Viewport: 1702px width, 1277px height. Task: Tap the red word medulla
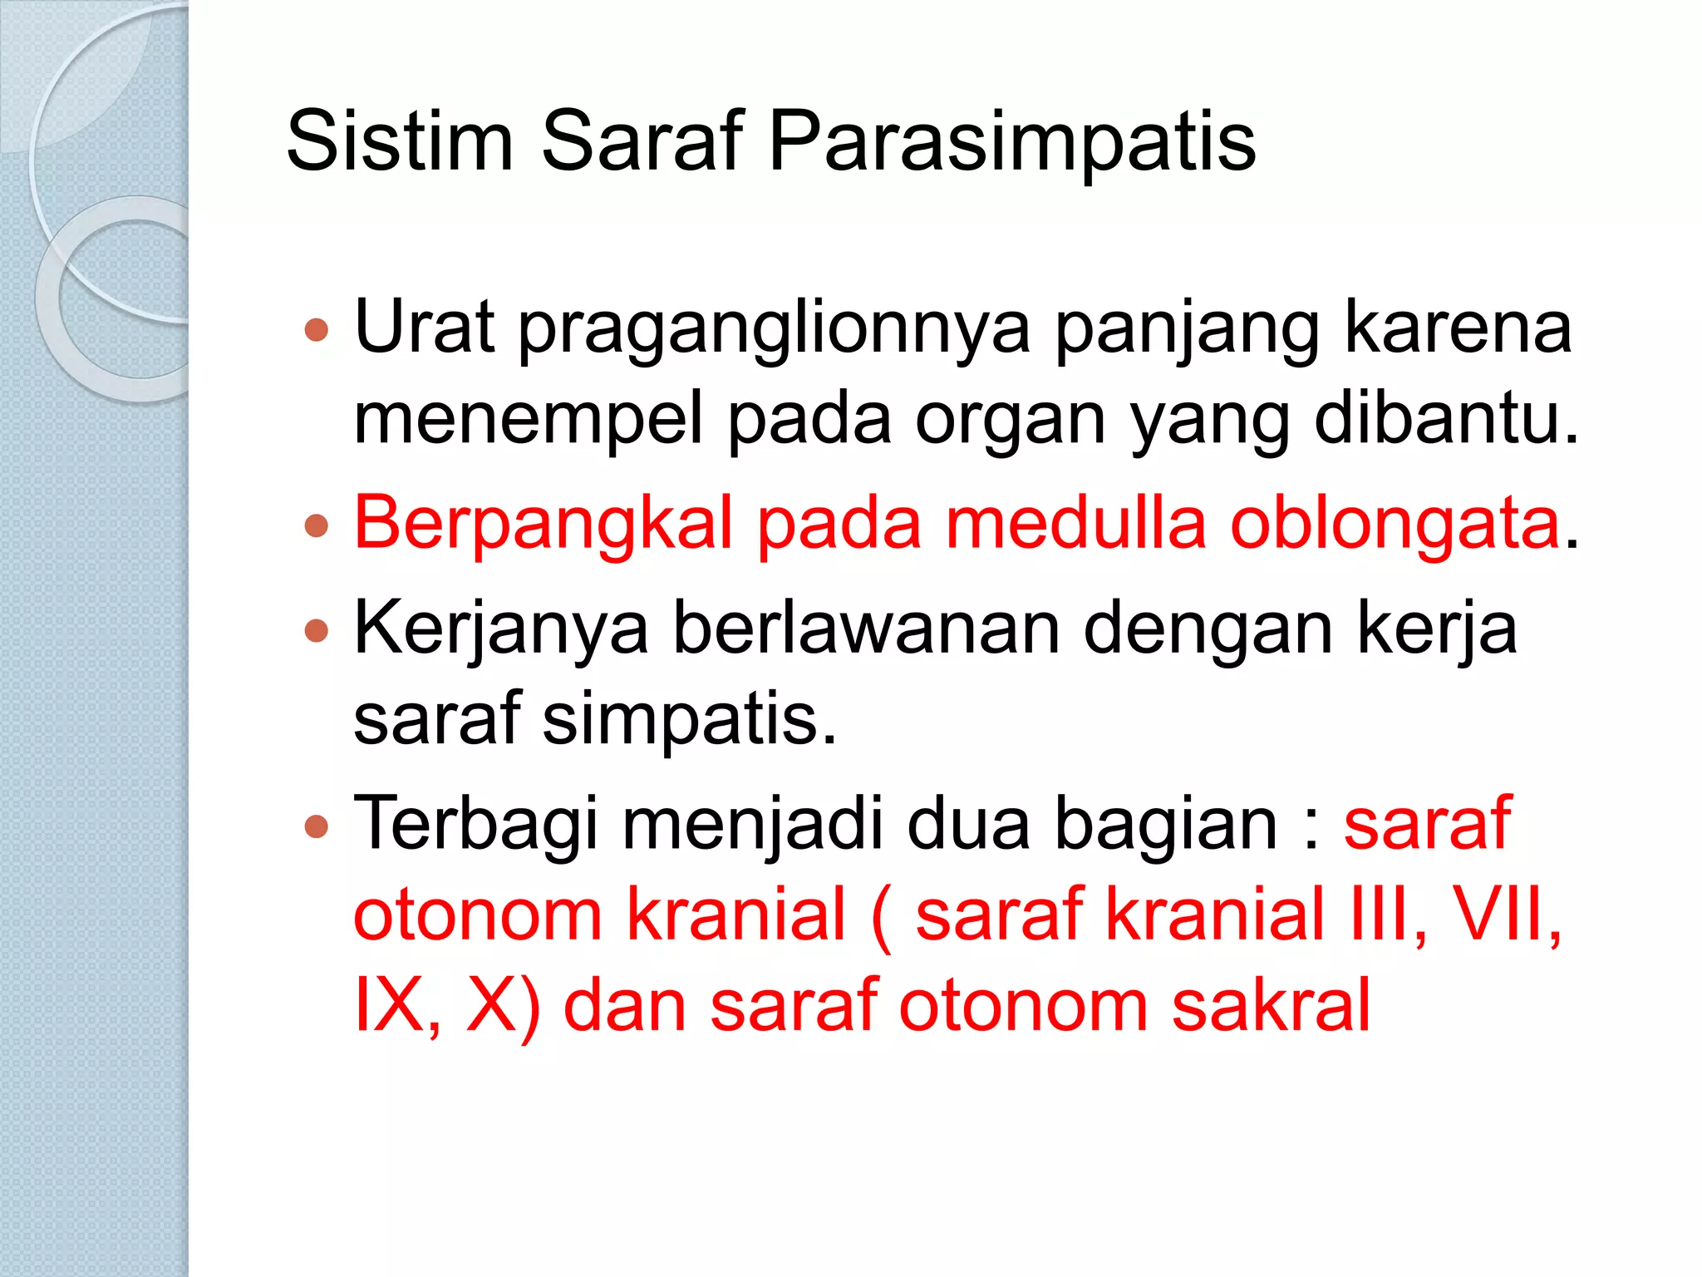[1075, 524]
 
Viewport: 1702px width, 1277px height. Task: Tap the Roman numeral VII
[1505, 915]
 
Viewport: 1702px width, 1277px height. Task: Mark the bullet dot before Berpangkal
[317, 526]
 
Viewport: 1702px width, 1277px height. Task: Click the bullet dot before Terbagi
[317, 826]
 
